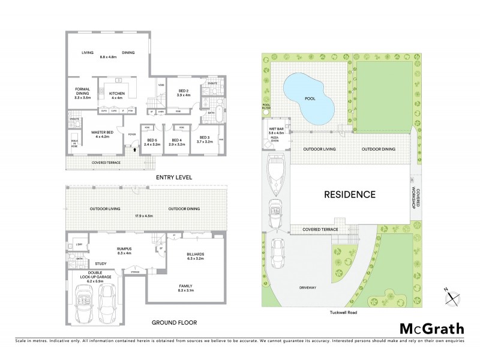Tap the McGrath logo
click(432, 328)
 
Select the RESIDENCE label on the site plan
click(350, 194)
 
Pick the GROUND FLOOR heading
click(174, 322)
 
